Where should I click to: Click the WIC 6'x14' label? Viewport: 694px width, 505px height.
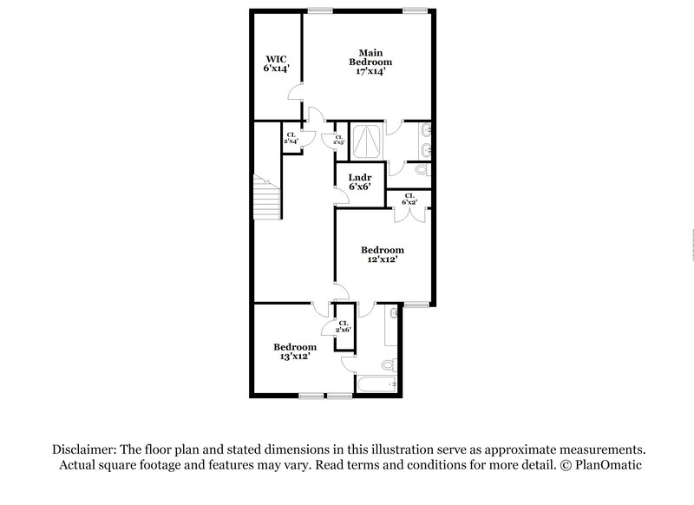[276, 63]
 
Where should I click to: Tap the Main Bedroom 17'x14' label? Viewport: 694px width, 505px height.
[370, 62]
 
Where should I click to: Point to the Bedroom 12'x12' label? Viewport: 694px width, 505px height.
[383, 254]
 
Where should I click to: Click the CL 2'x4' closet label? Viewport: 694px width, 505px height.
[291, 137]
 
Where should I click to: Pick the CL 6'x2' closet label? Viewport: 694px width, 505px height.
[409, 199]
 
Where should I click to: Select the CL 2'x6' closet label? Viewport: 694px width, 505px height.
[344, 326]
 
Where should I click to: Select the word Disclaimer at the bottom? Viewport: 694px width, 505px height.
[88, 449]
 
